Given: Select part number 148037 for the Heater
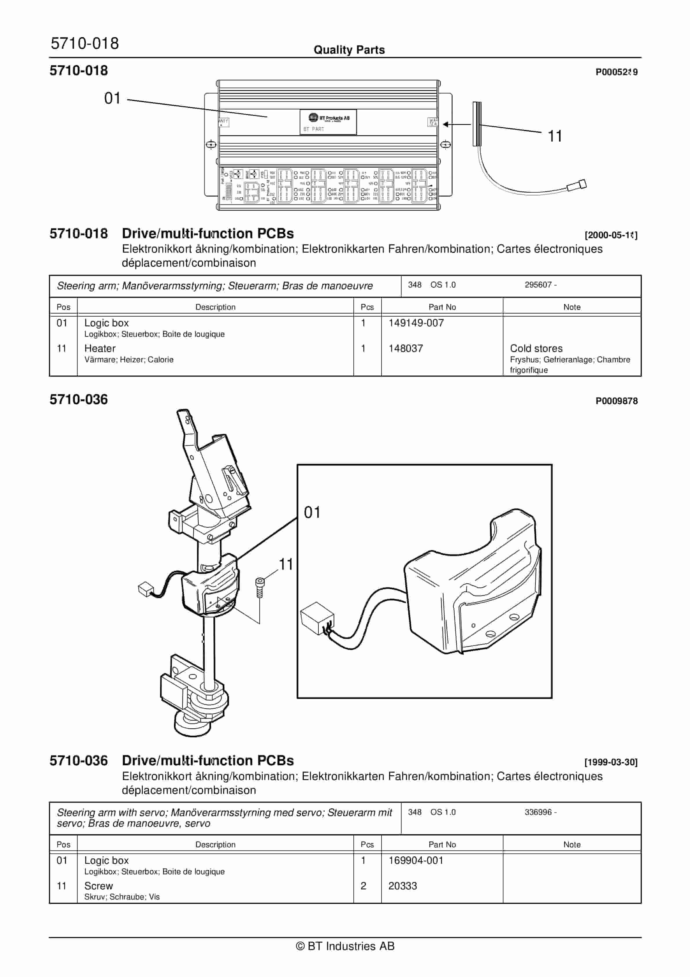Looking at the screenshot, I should [x=405, y=348].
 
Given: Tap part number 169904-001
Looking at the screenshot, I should [x=416, y=860].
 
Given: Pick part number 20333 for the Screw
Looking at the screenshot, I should [x=402, y=886].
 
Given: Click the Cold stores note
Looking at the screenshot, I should [x=536, y=348].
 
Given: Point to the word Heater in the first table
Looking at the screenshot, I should [x=100, y=348].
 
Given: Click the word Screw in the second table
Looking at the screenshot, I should [x=99, y=886].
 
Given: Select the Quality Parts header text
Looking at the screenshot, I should [x=349, y=50].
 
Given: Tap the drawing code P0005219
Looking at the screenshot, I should [x=616, y=72].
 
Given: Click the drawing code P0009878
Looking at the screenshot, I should [x=616, y=401].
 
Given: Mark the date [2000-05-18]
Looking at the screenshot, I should [x=611, y=235].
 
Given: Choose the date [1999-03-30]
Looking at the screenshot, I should [x=611, y=762].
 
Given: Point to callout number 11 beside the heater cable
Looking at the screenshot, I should [x=554, y=136].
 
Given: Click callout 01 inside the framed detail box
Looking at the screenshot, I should [x=312, y=512].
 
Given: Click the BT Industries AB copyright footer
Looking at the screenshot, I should [x=345, y=946].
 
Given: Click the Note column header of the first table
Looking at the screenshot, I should [x=571, y=307].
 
